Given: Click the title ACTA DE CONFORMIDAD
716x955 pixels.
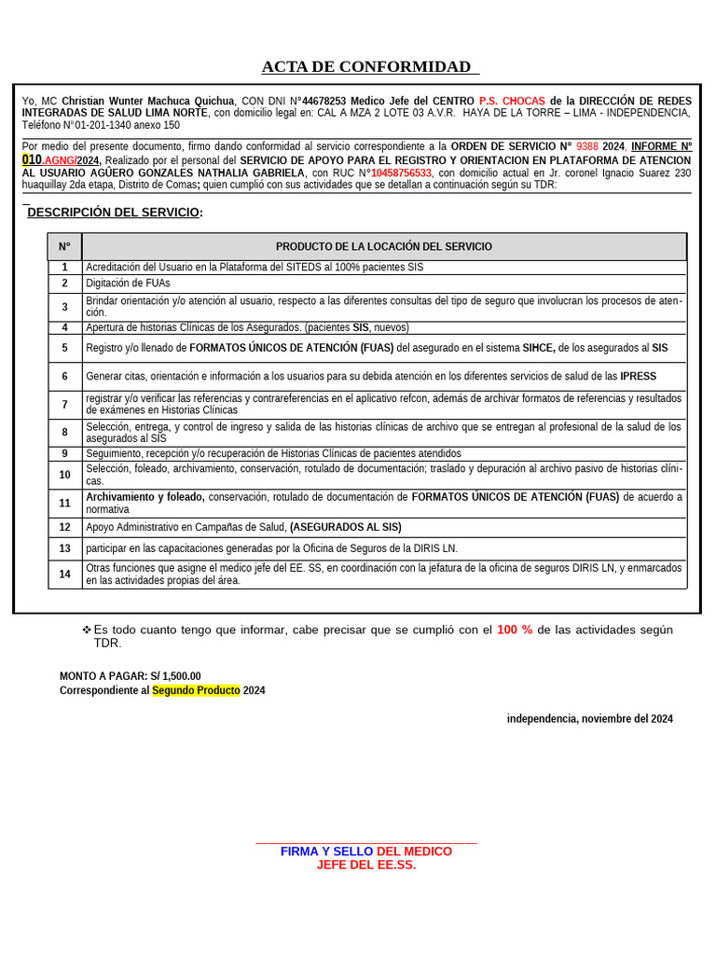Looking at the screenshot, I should point(366,66).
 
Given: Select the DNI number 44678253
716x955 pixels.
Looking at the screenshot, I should point(324,101).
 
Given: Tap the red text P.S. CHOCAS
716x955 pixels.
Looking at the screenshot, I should point(512,101).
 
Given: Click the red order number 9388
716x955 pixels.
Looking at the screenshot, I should point(587,147).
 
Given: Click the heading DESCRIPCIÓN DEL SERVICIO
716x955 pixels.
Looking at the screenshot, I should point(113,213).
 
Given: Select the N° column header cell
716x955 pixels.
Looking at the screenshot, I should point(64,246).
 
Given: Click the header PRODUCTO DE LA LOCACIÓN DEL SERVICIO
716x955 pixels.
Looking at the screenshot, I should point(384,246).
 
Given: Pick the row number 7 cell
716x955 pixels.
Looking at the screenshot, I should point(64,405).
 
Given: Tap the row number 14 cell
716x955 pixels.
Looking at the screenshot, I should point(64,574).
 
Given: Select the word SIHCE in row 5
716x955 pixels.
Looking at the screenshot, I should point(538,348).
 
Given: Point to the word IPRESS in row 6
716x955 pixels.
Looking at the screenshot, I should point(639,377).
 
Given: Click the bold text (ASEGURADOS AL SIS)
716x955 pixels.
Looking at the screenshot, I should point(345,528).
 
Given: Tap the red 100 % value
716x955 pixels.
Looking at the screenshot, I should point(515,630).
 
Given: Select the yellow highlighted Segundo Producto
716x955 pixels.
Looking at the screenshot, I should point(196,690).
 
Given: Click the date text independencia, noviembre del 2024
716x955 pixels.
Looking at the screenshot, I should point(589,719).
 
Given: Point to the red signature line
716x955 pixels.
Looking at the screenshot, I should point(365,843).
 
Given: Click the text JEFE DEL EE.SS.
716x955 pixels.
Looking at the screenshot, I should point(365,865).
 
